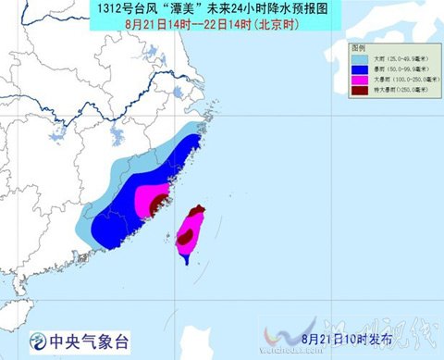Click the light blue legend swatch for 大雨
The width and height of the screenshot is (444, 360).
click(360, 59)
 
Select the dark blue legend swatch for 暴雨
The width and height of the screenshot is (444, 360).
click(360, 70)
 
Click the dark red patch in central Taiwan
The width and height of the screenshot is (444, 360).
click(185, 238)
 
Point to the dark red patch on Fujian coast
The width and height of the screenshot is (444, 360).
click(158, 203)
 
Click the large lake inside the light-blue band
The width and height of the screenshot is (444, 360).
click(117, 140)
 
